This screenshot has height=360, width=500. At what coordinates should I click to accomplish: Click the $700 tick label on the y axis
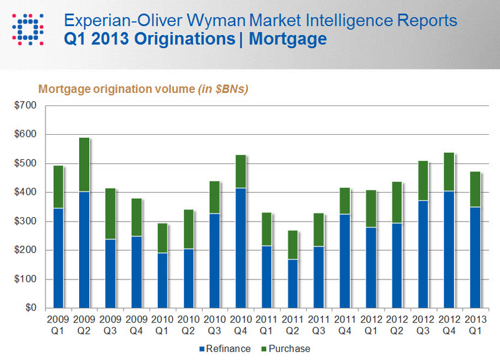[x=25, y=105]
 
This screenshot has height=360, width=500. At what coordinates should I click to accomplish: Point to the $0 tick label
[x=29, y=308]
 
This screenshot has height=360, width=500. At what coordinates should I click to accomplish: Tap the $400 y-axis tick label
[x=25, y=192]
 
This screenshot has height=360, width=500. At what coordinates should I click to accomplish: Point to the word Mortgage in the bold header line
[x=287, y=39]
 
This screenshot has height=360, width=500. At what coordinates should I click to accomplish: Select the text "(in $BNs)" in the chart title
[x=223, y=89]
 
